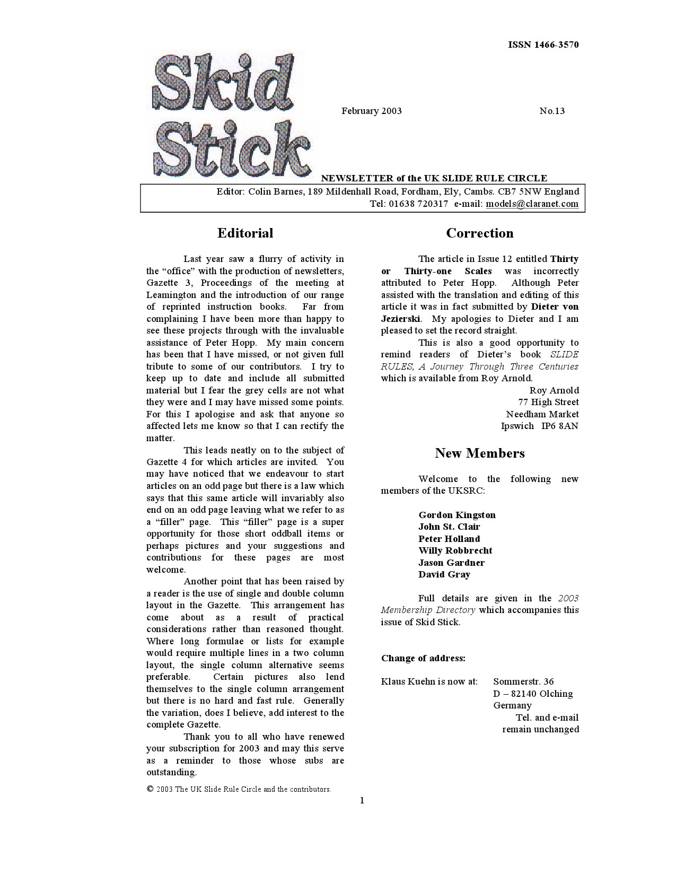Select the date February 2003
point(371,111)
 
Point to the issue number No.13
point(552,111)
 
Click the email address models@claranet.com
point(532,204)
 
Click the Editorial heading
point(245,233)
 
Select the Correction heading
point(479,233)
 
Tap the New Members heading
point(479,453)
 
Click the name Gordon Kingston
point(456,515)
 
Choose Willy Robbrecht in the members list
point(455,550)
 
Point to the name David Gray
point(444,574)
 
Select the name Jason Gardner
point(451,563)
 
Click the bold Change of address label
point(423,658)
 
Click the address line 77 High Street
point(548,402)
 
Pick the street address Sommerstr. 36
point(523,681)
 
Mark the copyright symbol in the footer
point(150,789)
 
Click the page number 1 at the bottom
point(362,800)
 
